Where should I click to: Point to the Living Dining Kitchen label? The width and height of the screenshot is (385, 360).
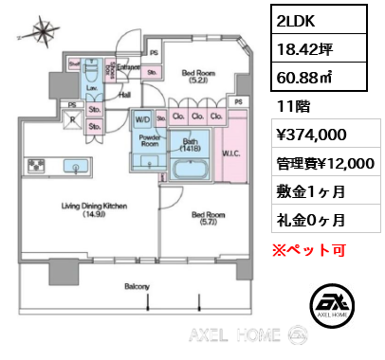tap(90, 209)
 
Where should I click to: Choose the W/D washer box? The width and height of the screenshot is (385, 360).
tap(143, 120)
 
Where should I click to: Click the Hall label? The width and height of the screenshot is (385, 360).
tap(123, 95)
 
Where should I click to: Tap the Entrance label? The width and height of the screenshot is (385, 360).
tap(130, 68)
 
